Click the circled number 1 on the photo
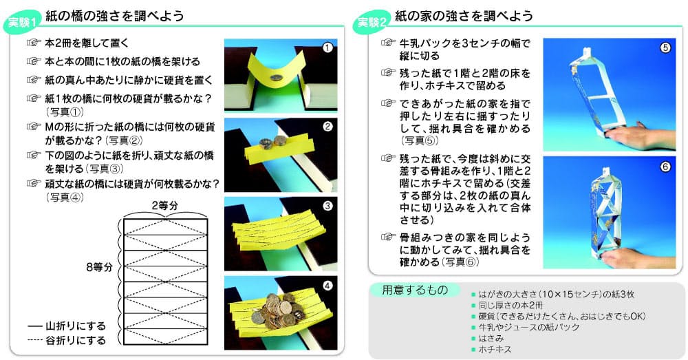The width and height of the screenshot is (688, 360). pyautogui.click(x=327, y=47)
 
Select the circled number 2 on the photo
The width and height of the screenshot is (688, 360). pyautogui.click(x=327, y=126)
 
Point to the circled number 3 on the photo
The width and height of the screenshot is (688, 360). pyautogui.click(x=327, y=205)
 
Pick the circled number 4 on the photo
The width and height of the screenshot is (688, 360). pyautogui.click(x=327, y=284)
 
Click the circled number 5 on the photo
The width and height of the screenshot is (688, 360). pyautogui.click(x=665, y=47)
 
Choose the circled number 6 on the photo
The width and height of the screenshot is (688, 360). pyautogui.click(x=665, y=167)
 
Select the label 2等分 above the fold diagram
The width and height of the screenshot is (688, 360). pyautogui.click(x=164, y=205)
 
